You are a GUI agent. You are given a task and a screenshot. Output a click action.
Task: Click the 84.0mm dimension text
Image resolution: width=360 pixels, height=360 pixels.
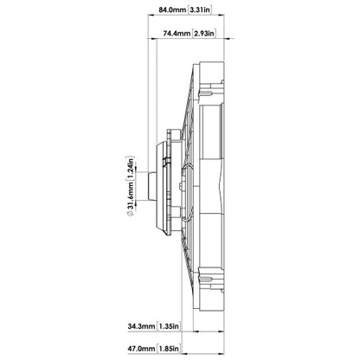tap(172, 10)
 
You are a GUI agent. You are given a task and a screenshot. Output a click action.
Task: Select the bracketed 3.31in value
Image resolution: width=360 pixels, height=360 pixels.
tap(200, 10)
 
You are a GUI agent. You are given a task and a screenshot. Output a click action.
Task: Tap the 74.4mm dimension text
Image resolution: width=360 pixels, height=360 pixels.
tap(177, 34)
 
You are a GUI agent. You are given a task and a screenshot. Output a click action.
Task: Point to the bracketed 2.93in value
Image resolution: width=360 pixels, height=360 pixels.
tap(204, 34)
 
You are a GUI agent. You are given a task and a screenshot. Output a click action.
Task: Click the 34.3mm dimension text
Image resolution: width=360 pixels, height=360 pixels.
tap(141, 326)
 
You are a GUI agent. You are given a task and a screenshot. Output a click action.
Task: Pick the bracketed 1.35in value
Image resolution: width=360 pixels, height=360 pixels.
tap(169, 326)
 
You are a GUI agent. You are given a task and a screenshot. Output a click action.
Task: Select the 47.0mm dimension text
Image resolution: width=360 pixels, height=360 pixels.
tap(141, 349)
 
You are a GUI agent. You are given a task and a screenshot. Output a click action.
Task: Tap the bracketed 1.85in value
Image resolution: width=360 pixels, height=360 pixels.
tap(169, 349)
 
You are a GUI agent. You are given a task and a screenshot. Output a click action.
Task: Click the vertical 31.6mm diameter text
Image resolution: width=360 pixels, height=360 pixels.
tap(130, 196)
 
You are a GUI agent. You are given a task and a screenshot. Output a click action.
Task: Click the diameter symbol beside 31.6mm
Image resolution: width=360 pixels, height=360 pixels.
tap(130, 214)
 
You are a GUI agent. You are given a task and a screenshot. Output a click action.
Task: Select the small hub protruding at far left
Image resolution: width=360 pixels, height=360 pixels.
tap(151, 186)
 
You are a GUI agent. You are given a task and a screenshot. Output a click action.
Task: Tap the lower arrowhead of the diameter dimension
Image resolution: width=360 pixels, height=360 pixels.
tap(136, 202)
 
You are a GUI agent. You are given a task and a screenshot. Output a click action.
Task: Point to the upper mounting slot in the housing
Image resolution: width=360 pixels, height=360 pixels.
tap(207, 93)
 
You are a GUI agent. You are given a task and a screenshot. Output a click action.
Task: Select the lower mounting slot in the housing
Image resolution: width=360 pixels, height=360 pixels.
tap(207, 279)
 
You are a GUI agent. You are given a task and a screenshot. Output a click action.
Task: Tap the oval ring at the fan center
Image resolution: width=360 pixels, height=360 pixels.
tap(187, 193)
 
